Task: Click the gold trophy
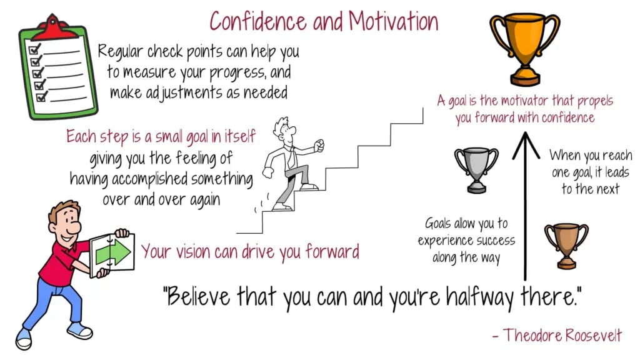coord(525,49)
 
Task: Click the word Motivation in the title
coord(393,21)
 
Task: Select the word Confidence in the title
coord(258,21)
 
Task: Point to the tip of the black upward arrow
coord(526,132)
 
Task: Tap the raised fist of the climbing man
coord(318,146)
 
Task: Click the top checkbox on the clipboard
coord(34,49)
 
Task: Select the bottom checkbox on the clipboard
coord(41,97)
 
